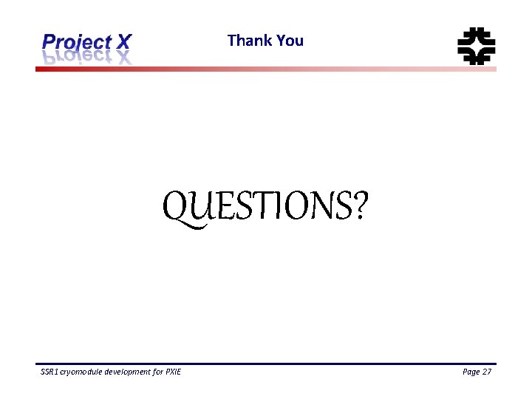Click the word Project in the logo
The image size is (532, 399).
click(75, 43)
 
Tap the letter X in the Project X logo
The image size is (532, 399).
click(123, 42)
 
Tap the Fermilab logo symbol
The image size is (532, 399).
click(476, 46)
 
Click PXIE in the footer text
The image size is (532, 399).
click(172, 372)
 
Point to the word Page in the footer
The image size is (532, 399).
click(471, 372)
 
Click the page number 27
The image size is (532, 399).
click(487, 372)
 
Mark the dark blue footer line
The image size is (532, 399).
click(266, 364)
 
